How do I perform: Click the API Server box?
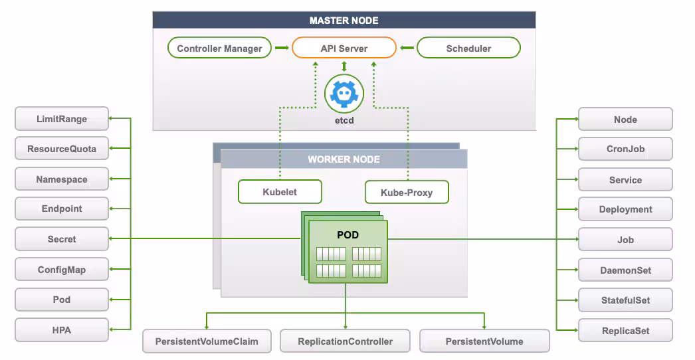tap(344, 48)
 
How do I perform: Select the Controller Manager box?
tap(219, 48)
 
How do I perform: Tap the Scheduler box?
tap(468, 48)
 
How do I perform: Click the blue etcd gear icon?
tap(344, 93)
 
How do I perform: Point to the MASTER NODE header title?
tap(344, 21)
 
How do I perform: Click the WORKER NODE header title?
tap(344, 159)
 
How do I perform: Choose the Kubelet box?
tap(280, 192)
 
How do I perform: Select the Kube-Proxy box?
tap(407, 193)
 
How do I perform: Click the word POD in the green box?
tap(347, 235)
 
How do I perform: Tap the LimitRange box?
tap(61, 120)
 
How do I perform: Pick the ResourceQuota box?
tap(61, 149)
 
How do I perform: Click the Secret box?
tap(61, 239)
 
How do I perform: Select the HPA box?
tap(61, 329)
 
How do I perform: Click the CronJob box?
tap(625, 149)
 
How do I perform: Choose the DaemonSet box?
tap(625, 270)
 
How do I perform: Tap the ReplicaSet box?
tap(625, 331)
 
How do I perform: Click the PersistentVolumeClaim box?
tap(207, 341)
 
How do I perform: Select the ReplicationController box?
tap(345, 341)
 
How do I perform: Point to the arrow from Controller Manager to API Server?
tap(281, 48)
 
